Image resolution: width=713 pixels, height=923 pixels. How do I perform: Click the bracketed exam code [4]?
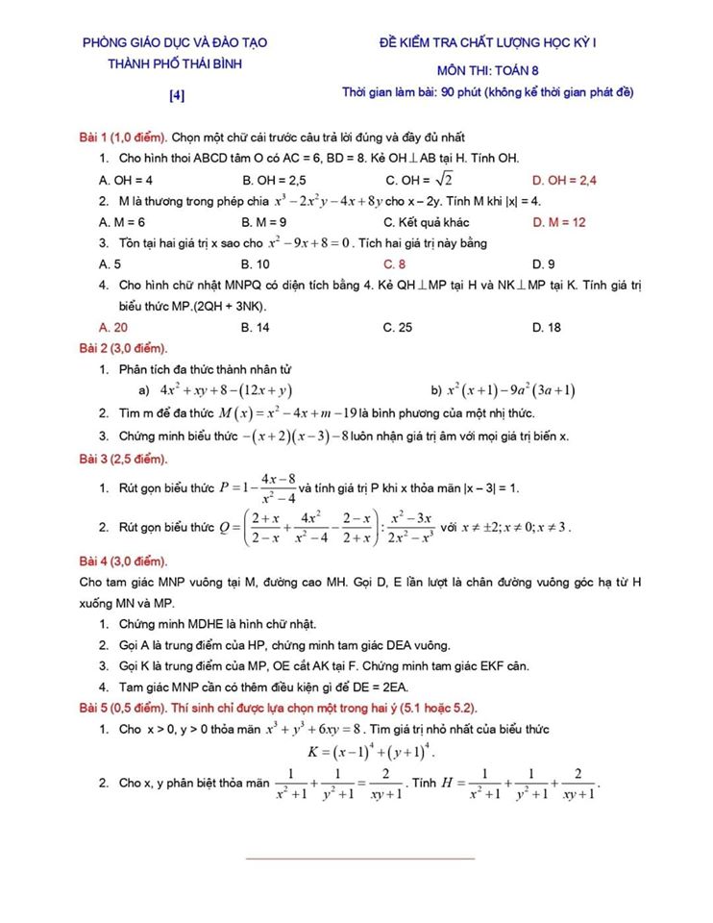(x=177, y=95)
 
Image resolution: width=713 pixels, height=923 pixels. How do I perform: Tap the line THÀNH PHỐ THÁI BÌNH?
(x=175, y=63)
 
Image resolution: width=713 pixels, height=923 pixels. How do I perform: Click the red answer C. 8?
(x=394, y=263)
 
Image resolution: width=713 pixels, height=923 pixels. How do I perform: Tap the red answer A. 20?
(x=113, y=327)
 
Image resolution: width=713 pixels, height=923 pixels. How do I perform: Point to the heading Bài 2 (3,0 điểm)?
(x=123, y=347)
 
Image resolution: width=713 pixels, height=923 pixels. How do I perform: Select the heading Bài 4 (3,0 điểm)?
(x=123, y=561)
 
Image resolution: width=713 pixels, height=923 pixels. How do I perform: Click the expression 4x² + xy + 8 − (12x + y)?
(x=227, y=390)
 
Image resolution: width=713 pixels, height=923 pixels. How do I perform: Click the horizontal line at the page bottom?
(x=360, y=858)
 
